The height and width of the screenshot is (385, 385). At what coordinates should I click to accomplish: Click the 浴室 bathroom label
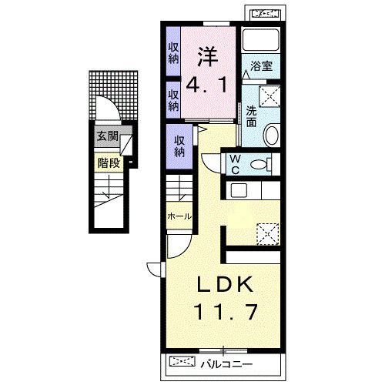[x=261, y=66]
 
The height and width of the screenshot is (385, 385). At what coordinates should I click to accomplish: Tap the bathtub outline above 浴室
[x=261, y=39]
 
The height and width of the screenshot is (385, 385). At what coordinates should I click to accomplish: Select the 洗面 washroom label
[x=251, y=116]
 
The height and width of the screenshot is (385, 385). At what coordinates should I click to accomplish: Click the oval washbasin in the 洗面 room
[x=272, y=135]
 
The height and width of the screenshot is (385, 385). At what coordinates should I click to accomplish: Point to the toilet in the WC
[x=261, y=164]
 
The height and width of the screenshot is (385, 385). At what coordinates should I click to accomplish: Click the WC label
[x=236, y=164]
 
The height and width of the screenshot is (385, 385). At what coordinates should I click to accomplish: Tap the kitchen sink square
[x=239, y=190]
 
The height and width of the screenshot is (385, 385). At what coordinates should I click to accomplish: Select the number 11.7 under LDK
[x=226, y=311]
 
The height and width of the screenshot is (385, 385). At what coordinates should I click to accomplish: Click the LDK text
[x=225, y=284]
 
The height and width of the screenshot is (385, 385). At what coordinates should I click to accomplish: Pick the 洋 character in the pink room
[x=207, y=57]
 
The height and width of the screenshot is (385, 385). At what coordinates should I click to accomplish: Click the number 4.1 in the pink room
[x=206, y=85]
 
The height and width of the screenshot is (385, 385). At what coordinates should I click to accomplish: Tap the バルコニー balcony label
[x=226, y=364]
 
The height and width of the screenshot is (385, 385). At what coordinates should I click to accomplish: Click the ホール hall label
[x=179, y=216]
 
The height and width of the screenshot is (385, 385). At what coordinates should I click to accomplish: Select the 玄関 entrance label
[x=107, y=136]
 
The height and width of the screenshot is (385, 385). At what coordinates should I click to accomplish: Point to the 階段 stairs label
[x=109, y=162]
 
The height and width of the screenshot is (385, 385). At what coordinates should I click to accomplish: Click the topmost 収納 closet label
[x=173, y=53]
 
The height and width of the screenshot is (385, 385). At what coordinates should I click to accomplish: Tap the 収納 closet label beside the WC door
[x=179, y=146]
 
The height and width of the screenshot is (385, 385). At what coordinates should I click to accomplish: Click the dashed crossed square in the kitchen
[x=268, y=234]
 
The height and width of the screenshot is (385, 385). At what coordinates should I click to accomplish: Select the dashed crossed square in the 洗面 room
[x=269, y=96]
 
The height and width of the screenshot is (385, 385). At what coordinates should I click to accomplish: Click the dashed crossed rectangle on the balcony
[x=182, y=361]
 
